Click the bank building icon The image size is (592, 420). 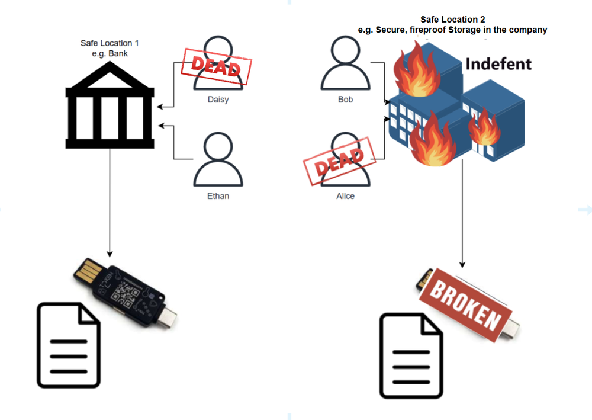[110, 110]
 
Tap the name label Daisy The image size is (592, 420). [218, 100]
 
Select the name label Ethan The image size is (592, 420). [218, 195]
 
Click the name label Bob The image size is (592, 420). [345, 100]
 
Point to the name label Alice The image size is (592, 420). [345, 195]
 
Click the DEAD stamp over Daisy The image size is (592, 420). [215, 67]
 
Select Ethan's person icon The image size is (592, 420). [218, 161]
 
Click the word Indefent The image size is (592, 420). [498, 63]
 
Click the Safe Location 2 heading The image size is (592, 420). [452, 24]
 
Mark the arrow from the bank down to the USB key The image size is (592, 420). [110, 201]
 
